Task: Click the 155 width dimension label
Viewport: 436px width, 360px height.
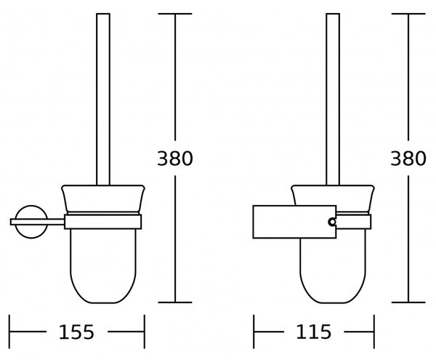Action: (76, 332)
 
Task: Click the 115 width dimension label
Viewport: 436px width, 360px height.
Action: (314, 332)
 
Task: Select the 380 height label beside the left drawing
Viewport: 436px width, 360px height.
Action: (175, 159)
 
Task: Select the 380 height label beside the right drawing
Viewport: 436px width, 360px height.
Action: (408, 159)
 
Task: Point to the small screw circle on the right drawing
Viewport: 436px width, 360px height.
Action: (332, 222)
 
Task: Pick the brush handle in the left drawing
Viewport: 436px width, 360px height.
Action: (103, 100)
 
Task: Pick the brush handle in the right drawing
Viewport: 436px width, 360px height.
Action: (333, 100)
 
